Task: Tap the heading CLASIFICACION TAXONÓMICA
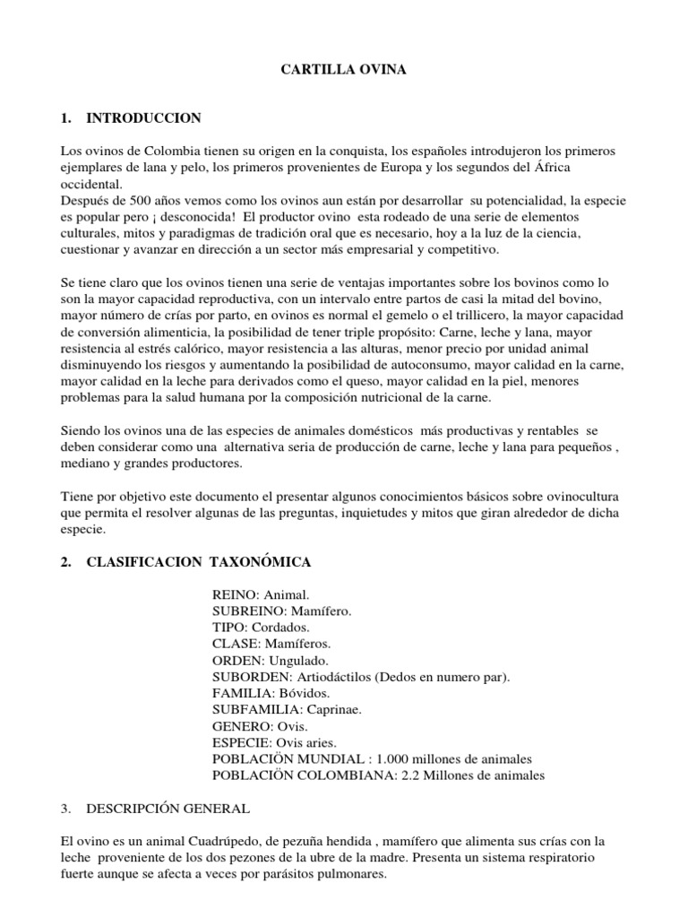(198, 562)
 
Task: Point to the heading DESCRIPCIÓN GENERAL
(168, 808)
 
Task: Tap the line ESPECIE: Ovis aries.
(274, 743)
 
